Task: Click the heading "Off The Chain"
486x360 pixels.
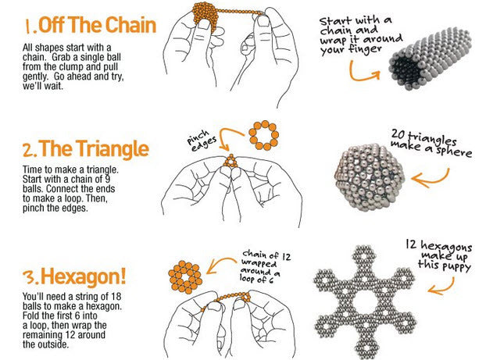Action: click(97, 25)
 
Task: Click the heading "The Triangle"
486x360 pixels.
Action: click(93, 148)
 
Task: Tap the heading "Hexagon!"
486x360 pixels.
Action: click(84, 276)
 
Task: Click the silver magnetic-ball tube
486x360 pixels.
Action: click(431, 59)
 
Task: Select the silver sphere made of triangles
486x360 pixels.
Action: click(370, 177)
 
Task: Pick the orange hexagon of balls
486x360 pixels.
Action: click(185, 277)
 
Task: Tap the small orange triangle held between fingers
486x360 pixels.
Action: click(231, 162)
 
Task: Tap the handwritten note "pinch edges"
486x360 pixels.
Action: click(202, 141)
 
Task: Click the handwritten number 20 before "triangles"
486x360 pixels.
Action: click(398, 134)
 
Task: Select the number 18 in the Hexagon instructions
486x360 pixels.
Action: click(116, 297)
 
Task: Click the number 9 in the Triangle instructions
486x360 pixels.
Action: click(107, 179)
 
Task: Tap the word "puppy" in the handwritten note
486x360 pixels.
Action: click(456, 267)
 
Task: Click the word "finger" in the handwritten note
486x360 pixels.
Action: click(365, 49)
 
